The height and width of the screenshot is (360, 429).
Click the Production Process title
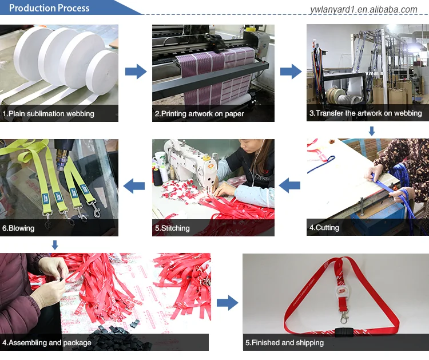coord(49,8)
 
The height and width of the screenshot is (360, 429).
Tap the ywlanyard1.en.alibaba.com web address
coord(364,10)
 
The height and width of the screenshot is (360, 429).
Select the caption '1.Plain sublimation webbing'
coord(48,114)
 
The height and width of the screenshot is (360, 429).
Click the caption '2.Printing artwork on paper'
coord(200,114)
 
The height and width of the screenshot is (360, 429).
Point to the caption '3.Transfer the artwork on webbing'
coord(366,113)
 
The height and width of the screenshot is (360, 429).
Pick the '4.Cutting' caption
coord(324,228)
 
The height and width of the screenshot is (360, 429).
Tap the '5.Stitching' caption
coord(172,228)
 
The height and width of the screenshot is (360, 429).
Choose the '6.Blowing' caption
coord(18,228)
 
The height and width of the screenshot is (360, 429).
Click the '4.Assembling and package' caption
coord(47,343)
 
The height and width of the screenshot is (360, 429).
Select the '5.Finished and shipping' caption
coord(284,343)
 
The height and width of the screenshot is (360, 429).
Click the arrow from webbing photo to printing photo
coord(136,72)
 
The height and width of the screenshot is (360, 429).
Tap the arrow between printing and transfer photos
coord(291,72)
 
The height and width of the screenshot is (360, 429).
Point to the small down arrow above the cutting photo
coord(372,131)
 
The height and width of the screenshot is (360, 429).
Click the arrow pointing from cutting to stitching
coord(289,185)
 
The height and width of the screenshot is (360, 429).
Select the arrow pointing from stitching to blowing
coord(134,186)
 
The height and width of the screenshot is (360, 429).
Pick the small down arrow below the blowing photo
coord(55,245)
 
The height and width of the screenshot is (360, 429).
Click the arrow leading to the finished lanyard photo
coord(227,303)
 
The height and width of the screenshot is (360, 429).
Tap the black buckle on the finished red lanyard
coord(344,332)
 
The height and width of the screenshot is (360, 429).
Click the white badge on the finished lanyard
coord(341,291)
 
